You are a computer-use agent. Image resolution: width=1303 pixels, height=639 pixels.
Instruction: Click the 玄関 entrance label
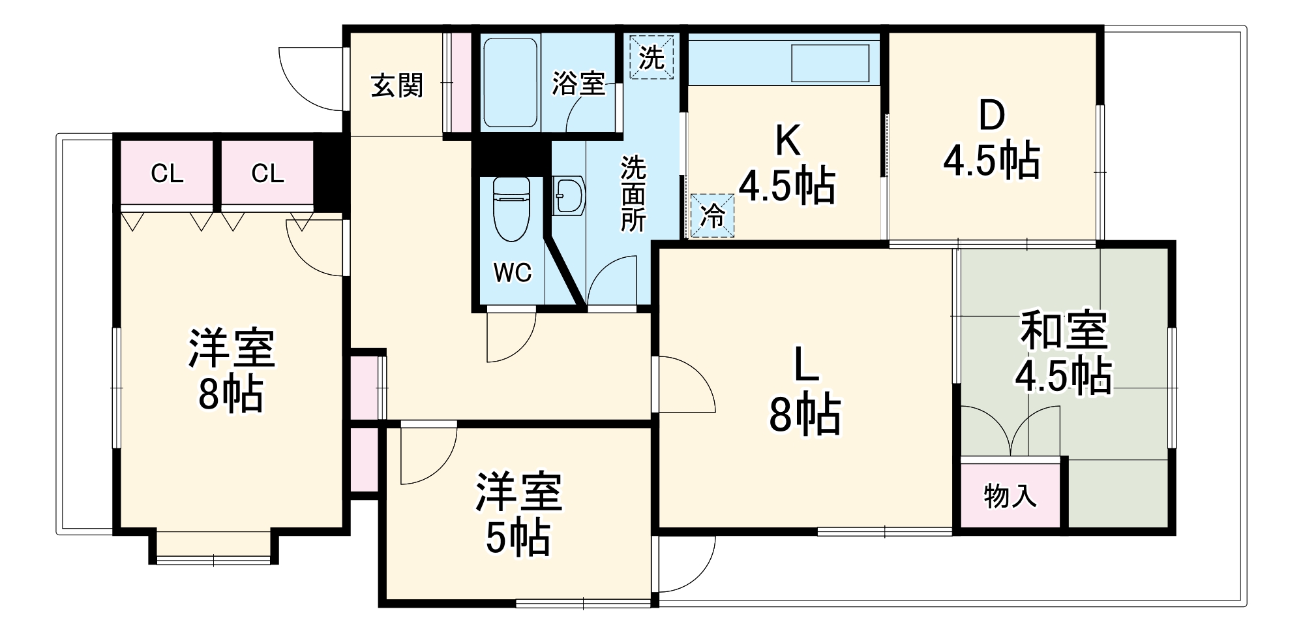click(397, 86)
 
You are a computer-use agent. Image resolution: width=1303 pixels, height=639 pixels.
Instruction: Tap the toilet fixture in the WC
click(511, 209)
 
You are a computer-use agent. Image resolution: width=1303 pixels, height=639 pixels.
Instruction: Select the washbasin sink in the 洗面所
click(568, 195)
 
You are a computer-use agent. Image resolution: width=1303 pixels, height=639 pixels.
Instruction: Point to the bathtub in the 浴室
click(511, 82)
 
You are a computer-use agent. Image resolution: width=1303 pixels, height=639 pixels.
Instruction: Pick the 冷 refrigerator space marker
click(712, 215)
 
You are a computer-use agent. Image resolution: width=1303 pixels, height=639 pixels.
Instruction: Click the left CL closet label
click(167, 174)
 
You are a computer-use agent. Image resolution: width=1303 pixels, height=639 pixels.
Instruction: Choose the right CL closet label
click(267, 174)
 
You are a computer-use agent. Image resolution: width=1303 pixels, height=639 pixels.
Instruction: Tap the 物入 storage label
click(1010, 495)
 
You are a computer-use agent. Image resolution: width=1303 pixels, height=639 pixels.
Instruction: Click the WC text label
click(513, 273)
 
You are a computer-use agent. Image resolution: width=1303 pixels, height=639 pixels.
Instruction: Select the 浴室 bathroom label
click(578, 84)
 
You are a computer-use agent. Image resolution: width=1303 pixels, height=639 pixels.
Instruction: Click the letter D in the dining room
click(991, 116)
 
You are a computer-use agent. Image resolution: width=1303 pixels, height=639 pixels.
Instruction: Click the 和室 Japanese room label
click(1064, 331)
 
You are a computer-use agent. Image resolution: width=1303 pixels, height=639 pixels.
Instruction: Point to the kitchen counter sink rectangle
click(830, 63)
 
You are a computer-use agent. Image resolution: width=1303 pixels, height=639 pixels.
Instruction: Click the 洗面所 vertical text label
click(633, 195)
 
